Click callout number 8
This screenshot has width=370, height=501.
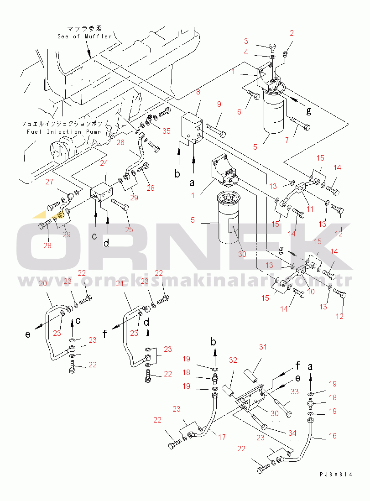click(x=198, y=92)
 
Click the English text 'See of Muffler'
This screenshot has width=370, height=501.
click(x=84, y=37)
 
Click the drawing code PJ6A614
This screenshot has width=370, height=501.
click(x=336, y=475)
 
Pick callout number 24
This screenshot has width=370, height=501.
click(x=104, y=163)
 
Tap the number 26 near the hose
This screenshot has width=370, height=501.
click(x=120, y=142)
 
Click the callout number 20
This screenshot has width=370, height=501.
click(x=43, y=283)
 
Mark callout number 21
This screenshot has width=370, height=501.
click(x=120, y=283)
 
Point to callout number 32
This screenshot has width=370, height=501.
click(x=233, y=360)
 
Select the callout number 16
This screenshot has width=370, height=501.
click(x=333, y=436)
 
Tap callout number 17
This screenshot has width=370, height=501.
click(x=222, y=437)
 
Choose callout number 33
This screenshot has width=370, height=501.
click(x=294, y=391)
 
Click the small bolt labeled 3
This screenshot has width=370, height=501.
click(x=271, y=46)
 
